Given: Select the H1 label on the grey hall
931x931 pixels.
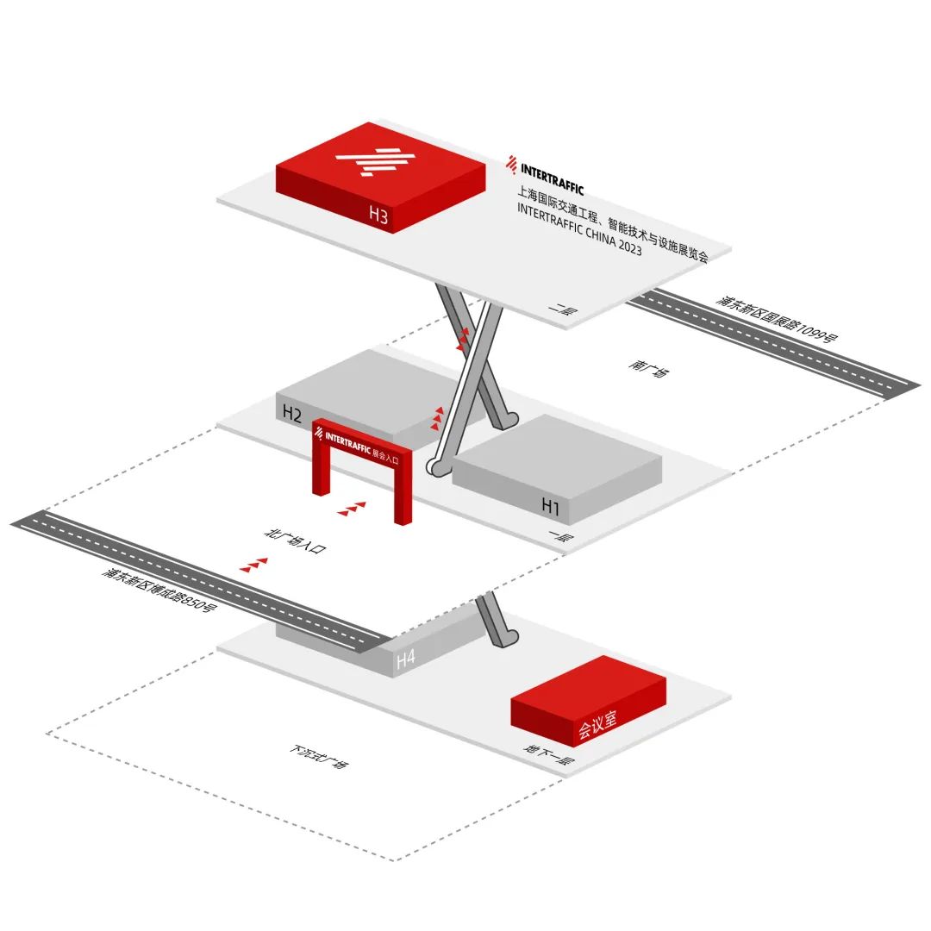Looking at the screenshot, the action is click(x=550, y=506).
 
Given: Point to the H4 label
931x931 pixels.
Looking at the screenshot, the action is click(x=405, y=659).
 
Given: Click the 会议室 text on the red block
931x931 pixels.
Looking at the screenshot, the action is click(x=597, y=726).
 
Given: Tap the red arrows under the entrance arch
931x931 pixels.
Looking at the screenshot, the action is click(x=352, y=509).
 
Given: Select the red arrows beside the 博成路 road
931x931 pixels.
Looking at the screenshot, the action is click(x=254, y=565).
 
